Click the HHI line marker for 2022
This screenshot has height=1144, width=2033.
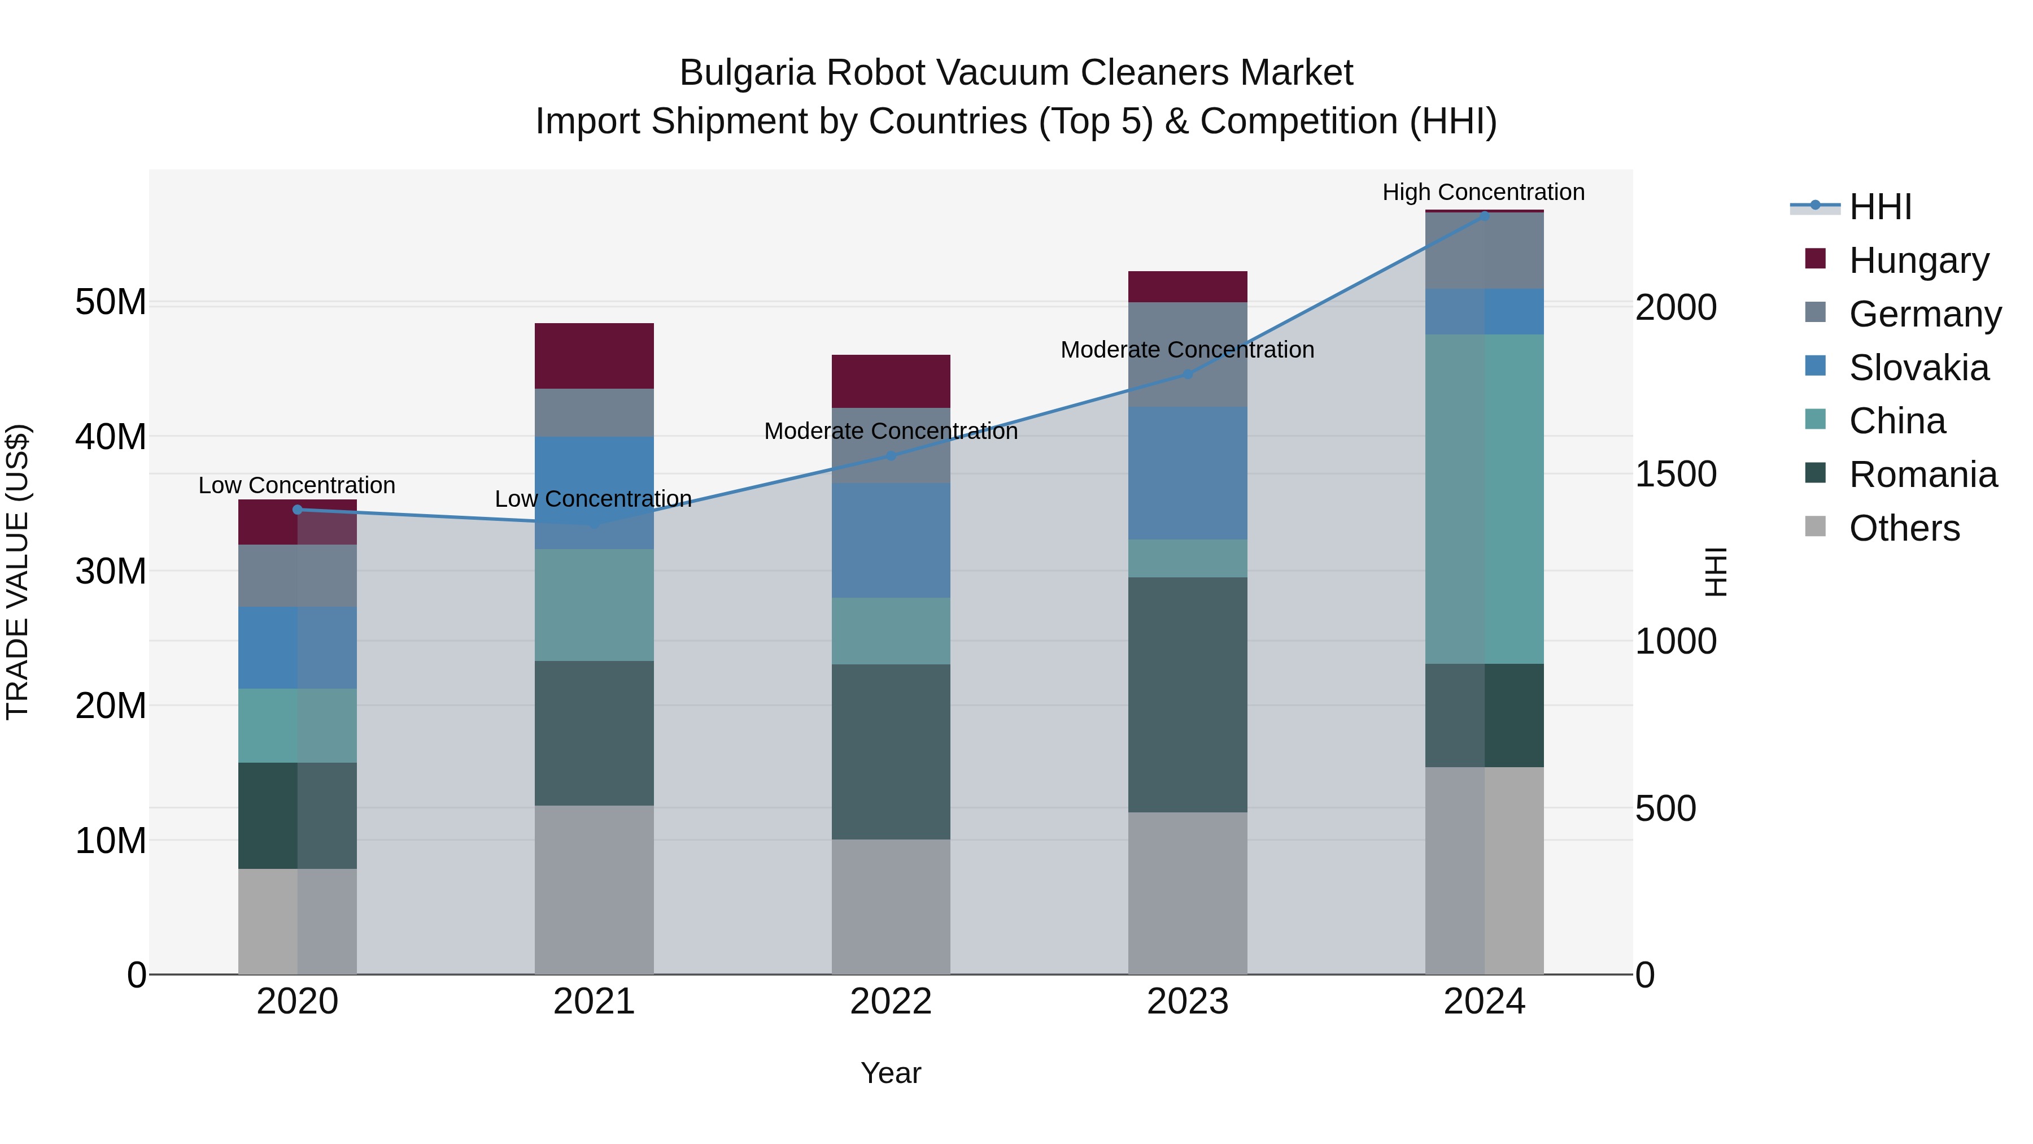[x=891, y=455]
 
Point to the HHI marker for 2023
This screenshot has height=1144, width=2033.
[x=1188, y=374]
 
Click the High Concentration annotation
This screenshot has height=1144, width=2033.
[x=1483, y=192]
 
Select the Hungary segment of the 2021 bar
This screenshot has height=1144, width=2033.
[x=594, y=355]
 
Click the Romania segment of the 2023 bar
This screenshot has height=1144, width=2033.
[x=1188, y=695]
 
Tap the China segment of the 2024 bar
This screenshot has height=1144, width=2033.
[x=1485, y=499]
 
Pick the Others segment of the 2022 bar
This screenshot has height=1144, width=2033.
[x=891, y=906]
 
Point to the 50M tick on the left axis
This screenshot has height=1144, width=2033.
[x=111, y=302]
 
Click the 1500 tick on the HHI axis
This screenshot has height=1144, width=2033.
[x=1676, y=474]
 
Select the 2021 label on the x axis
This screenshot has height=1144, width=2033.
[x=594, y=1002]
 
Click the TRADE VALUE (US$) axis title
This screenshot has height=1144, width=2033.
[x=18, y=572]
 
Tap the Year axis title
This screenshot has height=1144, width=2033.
[x=891, y=1073]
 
